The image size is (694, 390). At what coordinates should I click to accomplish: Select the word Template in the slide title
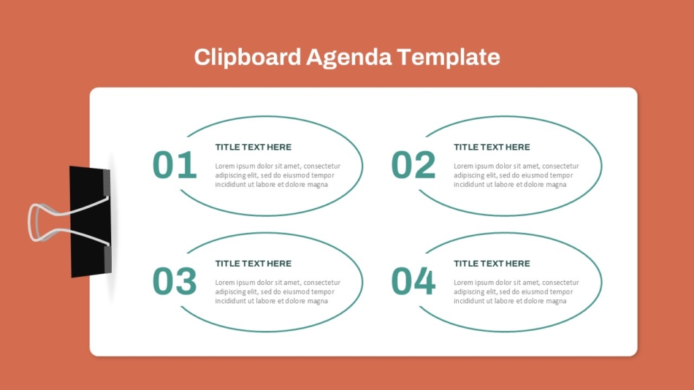point(449,57)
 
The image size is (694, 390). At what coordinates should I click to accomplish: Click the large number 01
point(175,166)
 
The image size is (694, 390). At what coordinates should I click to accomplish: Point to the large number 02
point(413,166)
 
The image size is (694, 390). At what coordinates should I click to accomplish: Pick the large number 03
point(175,282)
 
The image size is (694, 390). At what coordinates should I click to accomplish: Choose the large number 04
point(413,282)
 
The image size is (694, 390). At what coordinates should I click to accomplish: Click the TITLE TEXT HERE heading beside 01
point(253,148)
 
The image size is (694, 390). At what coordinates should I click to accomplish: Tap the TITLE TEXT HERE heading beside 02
point(492,148)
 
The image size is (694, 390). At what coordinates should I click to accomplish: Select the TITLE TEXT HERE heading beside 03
point(253,264)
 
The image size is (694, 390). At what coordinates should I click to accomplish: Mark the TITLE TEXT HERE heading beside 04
point(492,264)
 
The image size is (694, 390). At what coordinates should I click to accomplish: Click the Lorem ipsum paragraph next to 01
point(278,175)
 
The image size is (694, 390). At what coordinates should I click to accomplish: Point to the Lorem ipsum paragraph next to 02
point(516,175)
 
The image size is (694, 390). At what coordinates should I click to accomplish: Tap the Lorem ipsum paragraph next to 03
point(278,291)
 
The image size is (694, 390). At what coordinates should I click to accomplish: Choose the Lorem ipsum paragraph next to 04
point(516,291)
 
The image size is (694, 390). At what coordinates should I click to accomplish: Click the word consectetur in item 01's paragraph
point(322,167)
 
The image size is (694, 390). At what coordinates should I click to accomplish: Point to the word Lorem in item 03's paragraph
point(225,283)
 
